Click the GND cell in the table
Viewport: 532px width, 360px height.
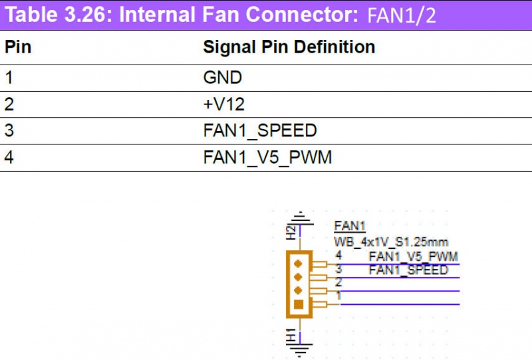pos(222,77)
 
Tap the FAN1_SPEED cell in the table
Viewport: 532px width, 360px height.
pos(259,130)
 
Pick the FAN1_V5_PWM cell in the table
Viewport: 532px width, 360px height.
pos(267,158)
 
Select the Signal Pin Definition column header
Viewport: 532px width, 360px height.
pos(289,47)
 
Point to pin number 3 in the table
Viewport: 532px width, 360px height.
pos(9,130)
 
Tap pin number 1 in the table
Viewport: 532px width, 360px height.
pos(9,77)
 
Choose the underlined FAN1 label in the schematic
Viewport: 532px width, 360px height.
pos(350,227)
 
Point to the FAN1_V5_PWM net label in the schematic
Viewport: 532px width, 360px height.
pos(413,256)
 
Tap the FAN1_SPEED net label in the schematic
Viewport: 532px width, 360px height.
pos(408,270)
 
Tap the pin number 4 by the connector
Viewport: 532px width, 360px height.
pos(338,255)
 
